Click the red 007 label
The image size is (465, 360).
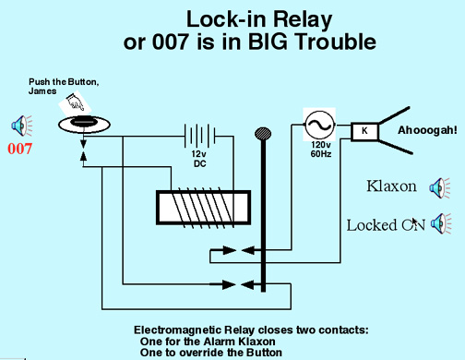[19, 149]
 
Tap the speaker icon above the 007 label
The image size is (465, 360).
[21, 126]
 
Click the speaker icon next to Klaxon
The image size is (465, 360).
[440, 187]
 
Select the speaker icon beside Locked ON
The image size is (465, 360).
[441, 223]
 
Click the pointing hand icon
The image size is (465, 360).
[75, 102]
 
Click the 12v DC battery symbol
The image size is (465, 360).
[199, 136]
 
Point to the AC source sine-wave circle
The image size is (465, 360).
[319, 125]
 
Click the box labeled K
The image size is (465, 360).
[364, 132]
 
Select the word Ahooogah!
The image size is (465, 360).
[427, 130]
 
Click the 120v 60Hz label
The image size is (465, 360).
[321, 150]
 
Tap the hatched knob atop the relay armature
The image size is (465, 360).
[263, 134]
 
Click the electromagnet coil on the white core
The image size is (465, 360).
[202, 208]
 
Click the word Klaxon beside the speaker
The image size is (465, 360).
[391, 186]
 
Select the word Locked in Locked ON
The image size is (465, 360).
[372, 225]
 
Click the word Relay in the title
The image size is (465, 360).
[303, 19]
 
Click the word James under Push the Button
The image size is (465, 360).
[42, 91]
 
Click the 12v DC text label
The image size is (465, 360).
[199, 159]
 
